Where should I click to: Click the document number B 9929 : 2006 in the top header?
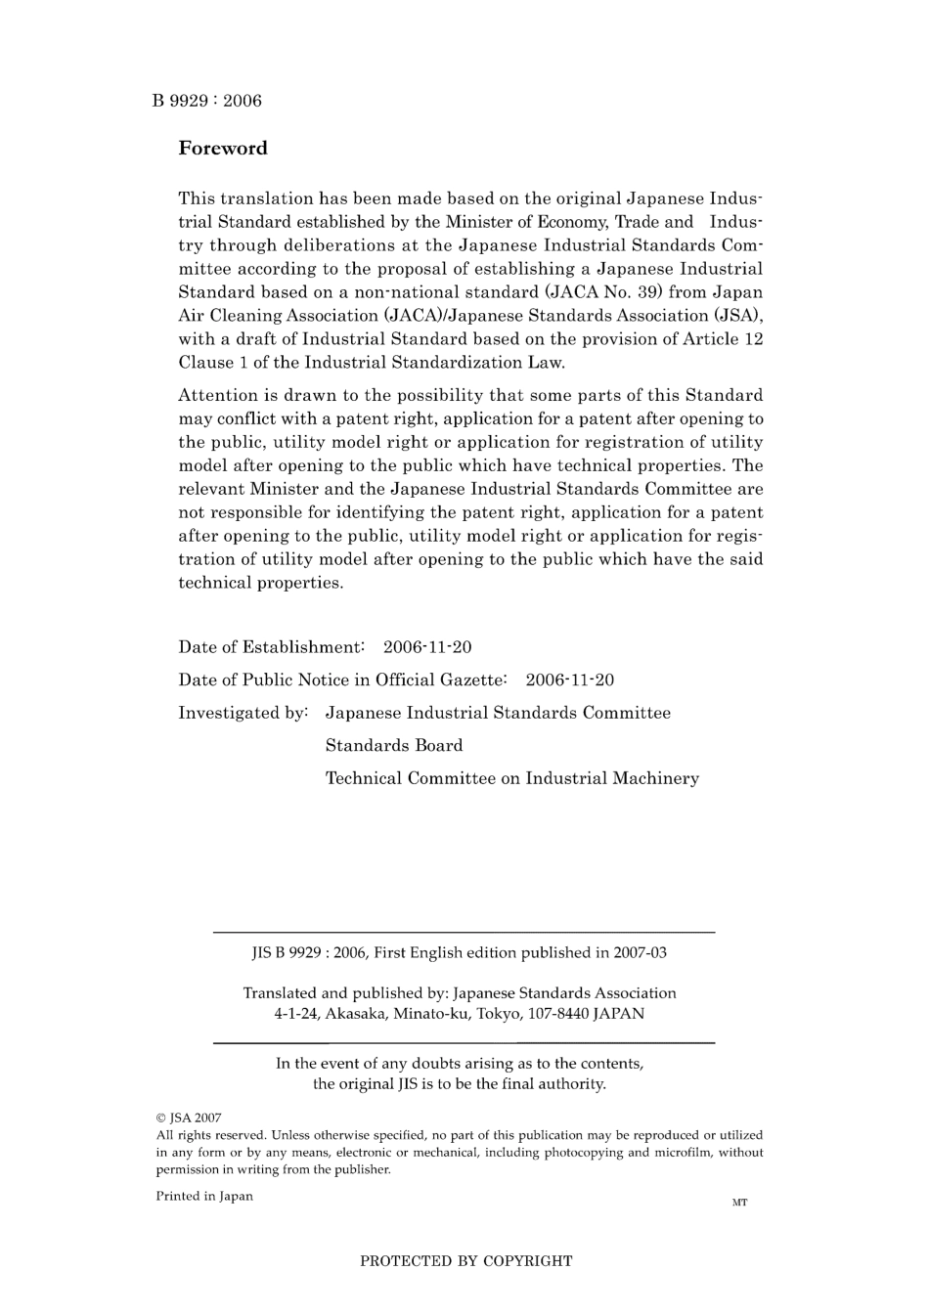click(206, 101)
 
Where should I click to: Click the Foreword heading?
click(222, 149)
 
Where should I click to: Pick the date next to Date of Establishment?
click(427, 647)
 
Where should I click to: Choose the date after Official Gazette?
click(570, 680)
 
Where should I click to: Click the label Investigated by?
click(243, 714)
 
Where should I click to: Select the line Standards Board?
click(394, 746)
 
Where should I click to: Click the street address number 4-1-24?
click(296, 1014)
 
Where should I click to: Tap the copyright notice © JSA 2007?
click(189, 1118)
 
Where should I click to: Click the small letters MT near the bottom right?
click(739, 1203)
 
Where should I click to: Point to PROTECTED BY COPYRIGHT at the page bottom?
click(465, 1261)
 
